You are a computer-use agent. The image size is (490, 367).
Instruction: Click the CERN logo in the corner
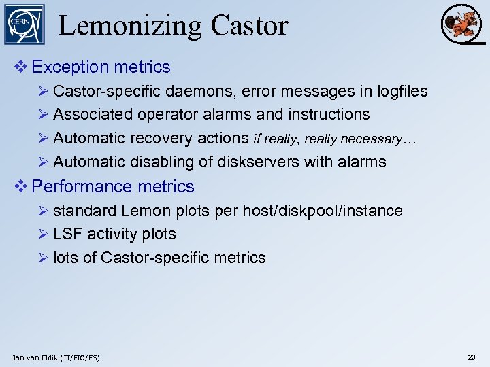coord(24,24)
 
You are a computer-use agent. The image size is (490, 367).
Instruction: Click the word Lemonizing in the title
coord(130,26)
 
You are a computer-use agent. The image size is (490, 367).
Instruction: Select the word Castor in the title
coord(250,26)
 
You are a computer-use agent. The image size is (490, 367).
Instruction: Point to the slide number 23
coord(472,357)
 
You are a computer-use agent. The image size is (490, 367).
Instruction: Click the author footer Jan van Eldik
coord(56,357)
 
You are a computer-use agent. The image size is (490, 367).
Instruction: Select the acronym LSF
coord(67,234)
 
